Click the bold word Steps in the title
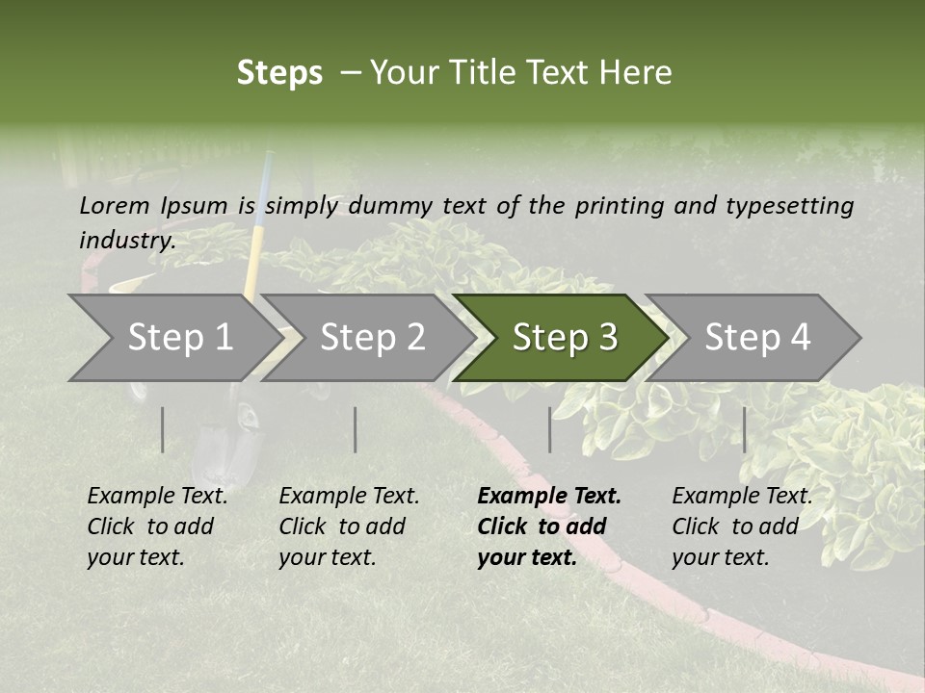[279, 73]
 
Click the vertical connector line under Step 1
[163, 429]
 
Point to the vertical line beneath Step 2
[356, 429]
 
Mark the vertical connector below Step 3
[549, 429]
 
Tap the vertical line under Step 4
[744, 429]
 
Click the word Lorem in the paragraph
[115, 205]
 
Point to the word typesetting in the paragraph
[789, 206]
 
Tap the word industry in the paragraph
[126, 241]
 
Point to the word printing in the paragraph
[621, 206]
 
